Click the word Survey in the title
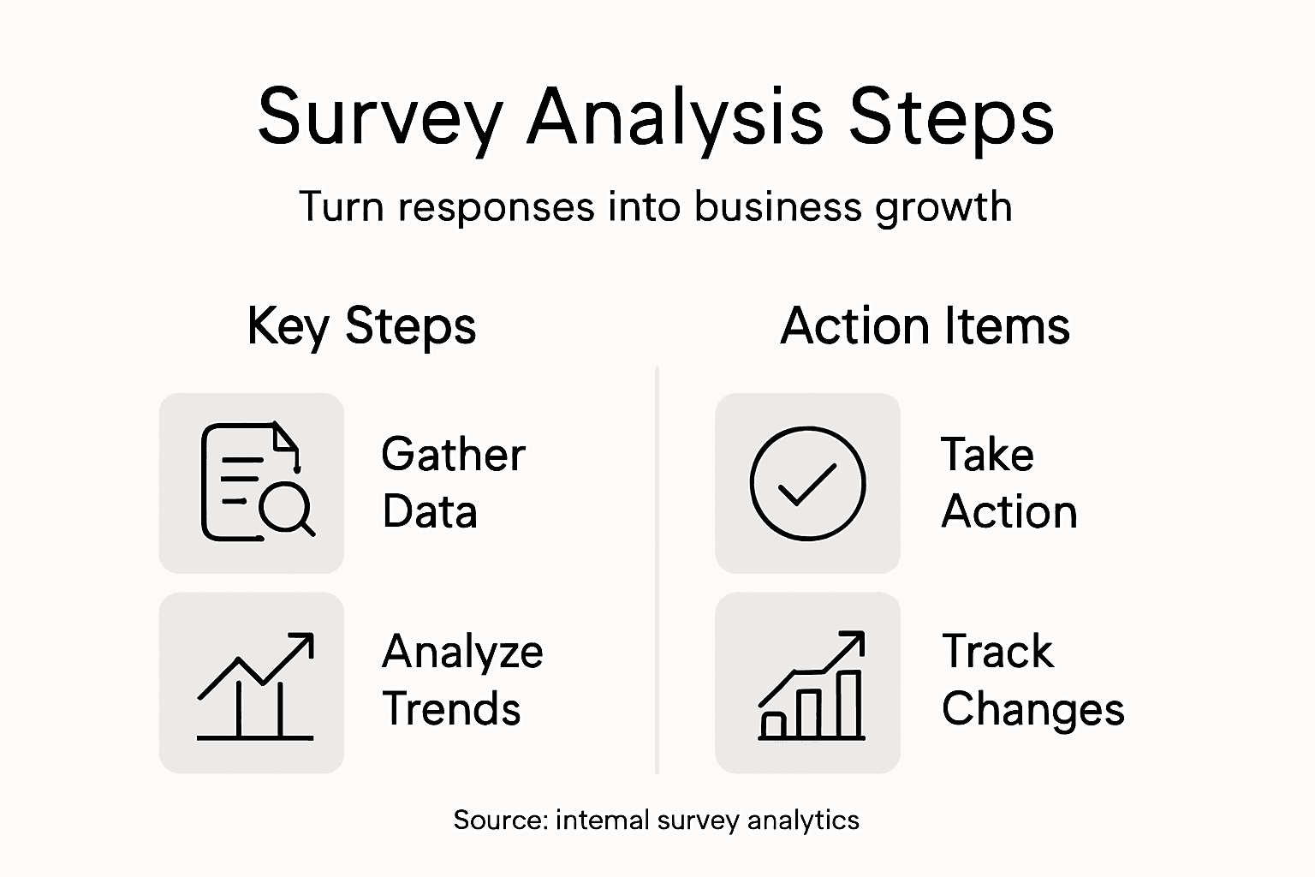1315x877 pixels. pos(380,118)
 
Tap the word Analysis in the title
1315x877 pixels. pos(675,118)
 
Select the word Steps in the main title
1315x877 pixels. pos(950,116)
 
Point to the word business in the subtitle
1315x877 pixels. pos(777,206)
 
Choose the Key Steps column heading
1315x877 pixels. pos(361,326)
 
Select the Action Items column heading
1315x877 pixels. pos(925,326)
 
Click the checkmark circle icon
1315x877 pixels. pos(807,483)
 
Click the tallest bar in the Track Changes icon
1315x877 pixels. pos(848,704)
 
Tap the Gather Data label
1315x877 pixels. pos(452,482)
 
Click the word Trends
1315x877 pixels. pos(451,709)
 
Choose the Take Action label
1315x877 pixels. pos(1009,482)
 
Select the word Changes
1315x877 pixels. pos(1032,710)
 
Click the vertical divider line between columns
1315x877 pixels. pos(657,570)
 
